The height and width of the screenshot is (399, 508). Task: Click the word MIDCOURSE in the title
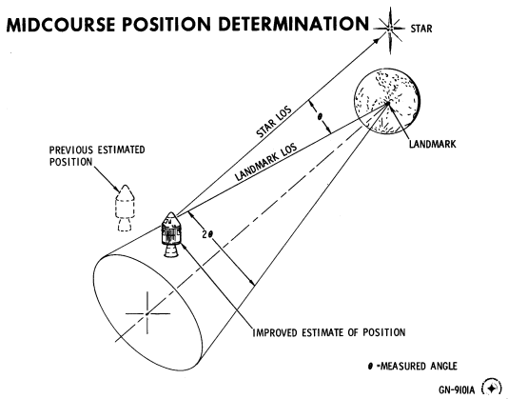pos(61,25)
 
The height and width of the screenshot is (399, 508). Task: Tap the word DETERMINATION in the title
pos(294,24)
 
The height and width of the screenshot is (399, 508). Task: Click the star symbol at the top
pos(389,30)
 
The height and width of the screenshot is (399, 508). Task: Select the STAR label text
pos(421,29)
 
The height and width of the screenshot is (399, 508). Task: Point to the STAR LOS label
pos(274,121)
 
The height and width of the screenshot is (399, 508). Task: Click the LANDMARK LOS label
pos(266,162)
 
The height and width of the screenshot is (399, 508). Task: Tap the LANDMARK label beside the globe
pos(433,144)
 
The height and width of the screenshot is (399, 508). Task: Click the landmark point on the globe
pos(387,103)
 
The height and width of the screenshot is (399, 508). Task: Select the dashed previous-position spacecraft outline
pos(125,208)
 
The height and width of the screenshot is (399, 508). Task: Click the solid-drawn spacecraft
pos(171,234)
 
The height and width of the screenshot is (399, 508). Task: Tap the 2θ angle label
pos(207,234)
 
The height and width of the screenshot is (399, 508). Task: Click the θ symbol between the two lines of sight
pos(320,117)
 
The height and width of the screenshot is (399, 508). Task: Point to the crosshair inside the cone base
pos(147,313)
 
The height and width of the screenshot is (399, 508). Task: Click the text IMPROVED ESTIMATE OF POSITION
pos(329,333)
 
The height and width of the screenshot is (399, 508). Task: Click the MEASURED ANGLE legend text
pos(419,367)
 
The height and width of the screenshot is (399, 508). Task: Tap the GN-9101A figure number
pos(457,389)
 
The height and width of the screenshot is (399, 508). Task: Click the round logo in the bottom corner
pos(491,388)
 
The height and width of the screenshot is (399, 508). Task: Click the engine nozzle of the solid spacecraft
pos(171,251)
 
